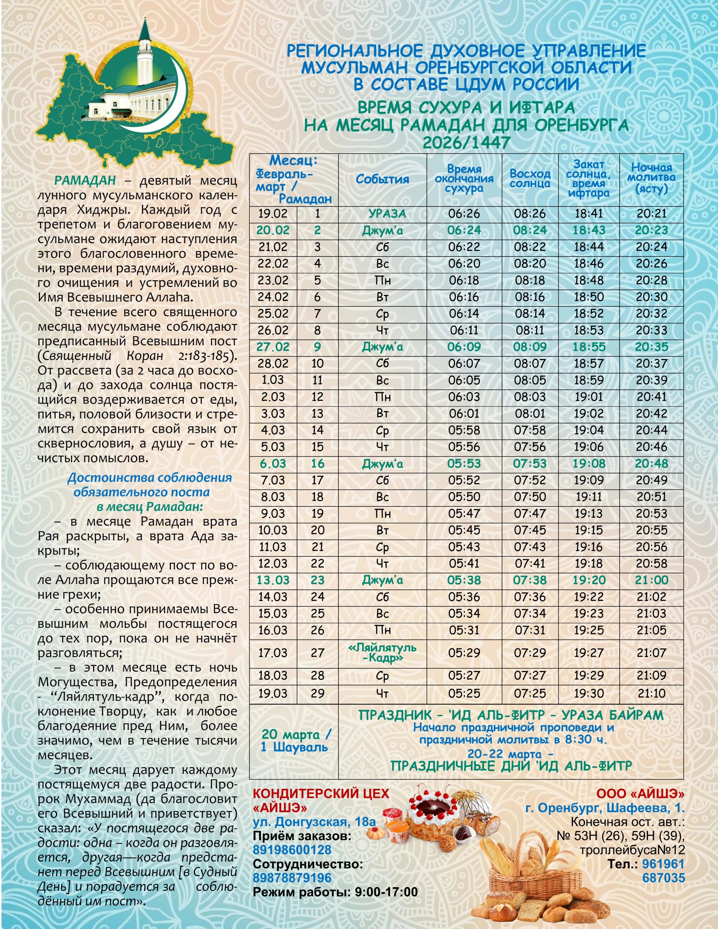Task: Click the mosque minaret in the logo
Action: point(145,55)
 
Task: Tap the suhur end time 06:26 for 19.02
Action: point(464,214)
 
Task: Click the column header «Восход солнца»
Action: point(530,179)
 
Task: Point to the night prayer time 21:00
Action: point(651,580)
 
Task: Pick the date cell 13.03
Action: point(273,580)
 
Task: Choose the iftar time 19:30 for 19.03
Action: point(589,693)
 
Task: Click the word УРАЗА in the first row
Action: point(387,214)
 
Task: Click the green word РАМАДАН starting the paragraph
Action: point(85,180)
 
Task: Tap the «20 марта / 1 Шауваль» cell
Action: point(294,741)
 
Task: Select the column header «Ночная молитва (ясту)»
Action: point(651,178)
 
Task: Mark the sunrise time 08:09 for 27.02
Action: point(530,347)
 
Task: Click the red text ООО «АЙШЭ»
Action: point(640,794)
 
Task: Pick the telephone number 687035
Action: point(663,877)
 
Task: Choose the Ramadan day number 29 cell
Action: point(317,693)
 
